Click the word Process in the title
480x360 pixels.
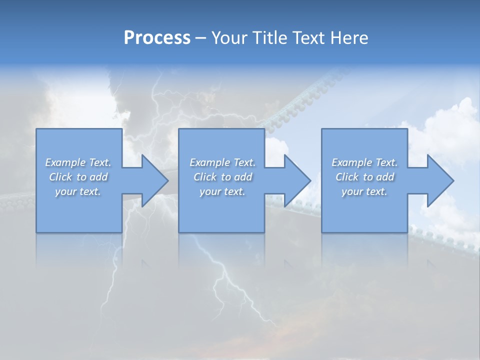[157, 38]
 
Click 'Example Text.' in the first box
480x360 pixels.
[78, 162]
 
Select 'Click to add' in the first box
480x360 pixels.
[78, 177]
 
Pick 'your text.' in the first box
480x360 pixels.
[78, 191]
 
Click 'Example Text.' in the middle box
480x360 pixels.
[222, 162]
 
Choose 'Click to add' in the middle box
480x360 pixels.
[222, 177]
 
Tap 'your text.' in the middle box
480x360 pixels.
[222, 191]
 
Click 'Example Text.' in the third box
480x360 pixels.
[364, 162]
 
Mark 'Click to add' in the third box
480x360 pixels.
[364, 177]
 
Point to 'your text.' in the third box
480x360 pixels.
[364, 191]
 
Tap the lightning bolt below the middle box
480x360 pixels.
[220, 280]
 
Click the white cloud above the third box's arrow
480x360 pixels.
[445, 125]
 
